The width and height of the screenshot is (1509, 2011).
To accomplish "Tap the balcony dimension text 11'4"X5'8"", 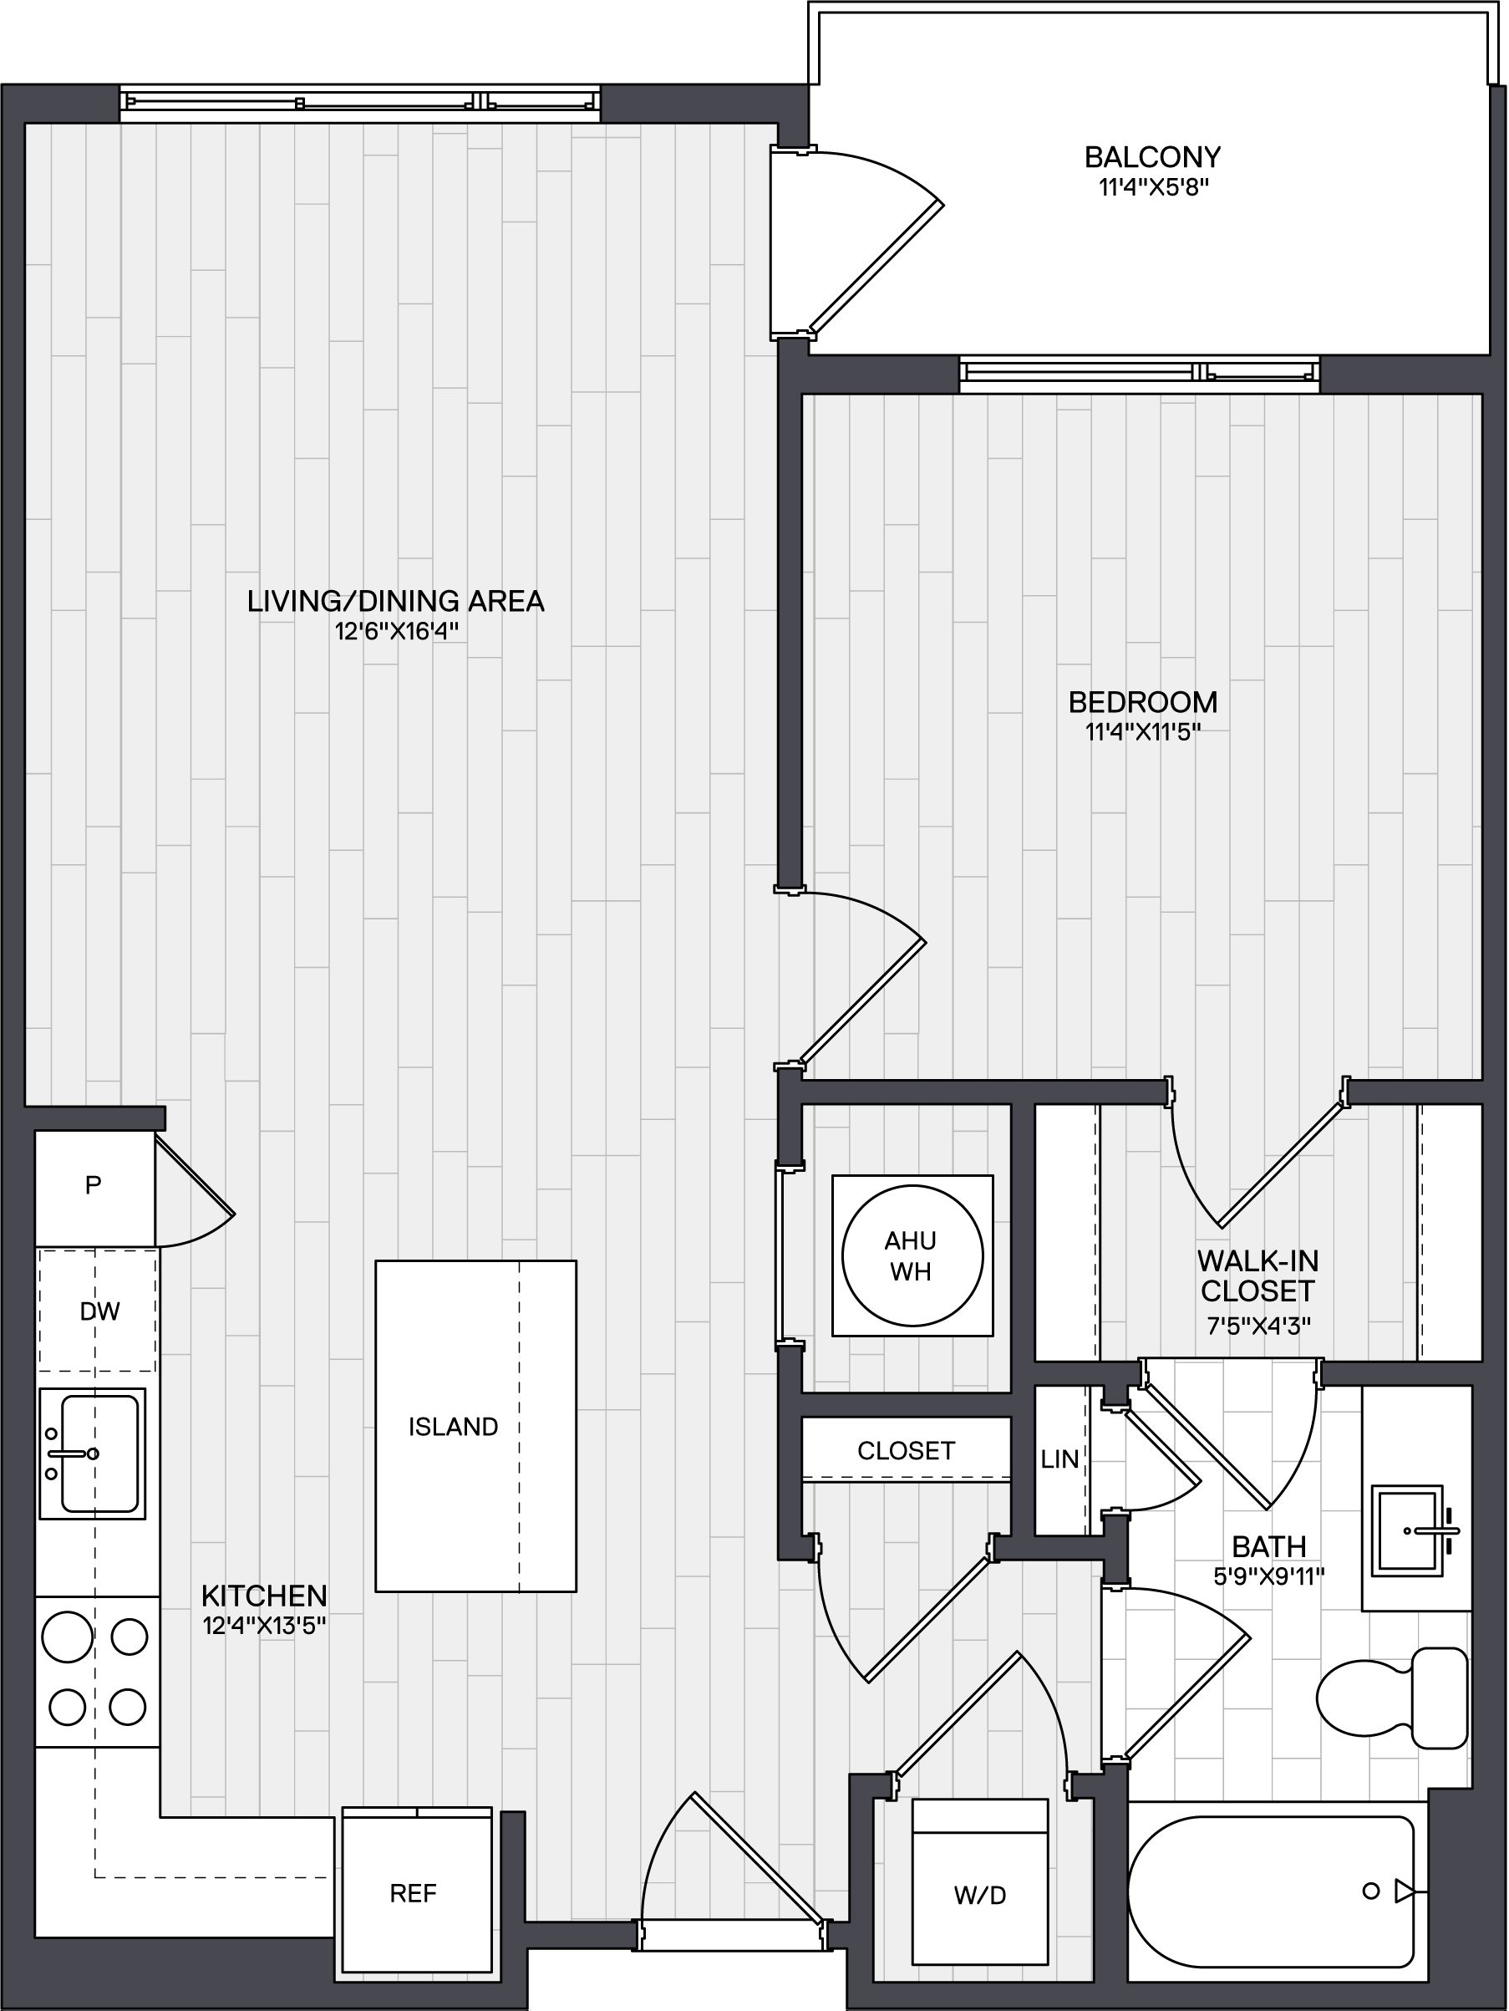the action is click(x=1153, y=188).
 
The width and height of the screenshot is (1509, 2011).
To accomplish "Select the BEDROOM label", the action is click(x=1143, y=702).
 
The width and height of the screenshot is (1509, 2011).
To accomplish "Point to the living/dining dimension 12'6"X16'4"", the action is click(x=395, y=631).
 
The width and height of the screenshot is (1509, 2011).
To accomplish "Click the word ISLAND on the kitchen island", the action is click(x=453, y=1427).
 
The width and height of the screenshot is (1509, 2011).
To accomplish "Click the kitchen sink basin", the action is click(x=99, y=1454).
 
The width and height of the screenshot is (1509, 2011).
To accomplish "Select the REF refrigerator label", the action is click(x=414, y=1893).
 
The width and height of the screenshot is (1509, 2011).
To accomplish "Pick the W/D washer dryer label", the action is click(x=980, y=1895).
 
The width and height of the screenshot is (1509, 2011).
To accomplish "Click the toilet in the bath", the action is click(x=1392, y=1697).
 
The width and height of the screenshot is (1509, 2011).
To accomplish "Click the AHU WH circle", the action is click(x=912, y=1255).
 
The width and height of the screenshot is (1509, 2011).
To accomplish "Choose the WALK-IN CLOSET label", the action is click(x=1257, y=1275).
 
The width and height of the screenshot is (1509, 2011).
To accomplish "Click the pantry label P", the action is click(x=93, y=1184).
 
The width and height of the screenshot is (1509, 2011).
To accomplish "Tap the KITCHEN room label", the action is click(x=264, y=1596).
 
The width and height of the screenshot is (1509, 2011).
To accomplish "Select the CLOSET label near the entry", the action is click(x=907, y=1450).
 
